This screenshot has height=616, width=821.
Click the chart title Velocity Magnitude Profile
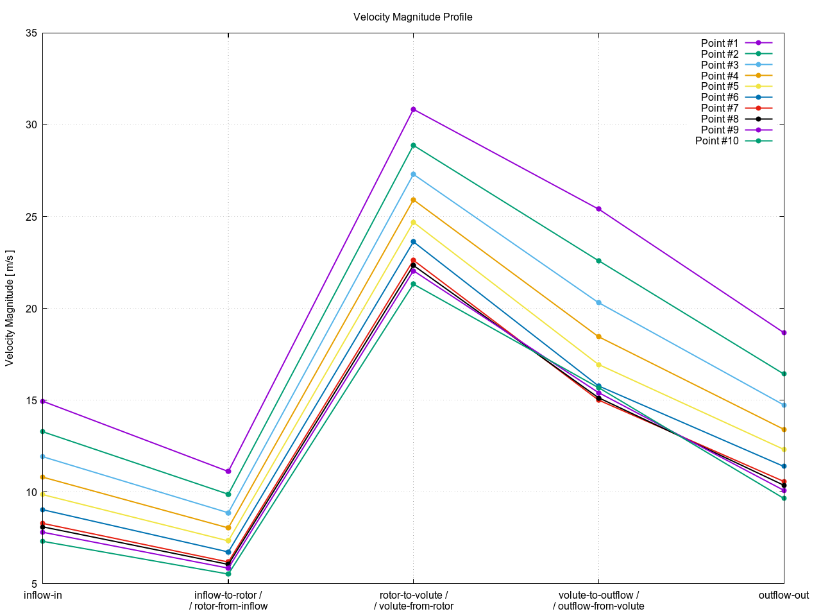[x=412, y=17]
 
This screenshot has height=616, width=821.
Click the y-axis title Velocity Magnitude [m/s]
[x=9, y=308]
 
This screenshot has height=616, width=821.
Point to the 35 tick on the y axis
[x=31, y=33]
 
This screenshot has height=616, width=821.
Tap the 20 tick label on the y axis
[x=31, y=309]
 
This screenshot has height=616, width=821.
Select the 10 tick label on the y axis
[x=31, y=492]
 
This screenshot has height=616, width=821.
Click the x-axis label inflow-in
[x=43, y=595]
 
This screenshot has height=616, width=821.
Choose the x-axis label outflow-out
[x=784, y=595]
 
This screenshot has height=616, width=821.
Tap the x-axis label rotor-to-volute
[x=413, y=595]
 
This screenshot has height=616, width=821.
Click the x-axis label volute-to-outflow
[x=598, y=595]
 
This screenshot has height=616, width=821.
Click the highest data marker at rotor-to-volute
[x=413, y=110]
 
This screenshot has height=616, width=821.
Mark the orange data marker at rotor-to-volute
[x=413, y=200]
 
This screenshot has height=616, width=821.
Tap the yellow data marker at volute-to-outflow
[x=598, y=364]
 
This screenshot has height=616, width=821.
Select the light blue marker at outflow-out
[x=784, y=405]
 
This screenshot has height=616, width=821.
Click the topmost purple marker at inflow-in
[x=43, y=401]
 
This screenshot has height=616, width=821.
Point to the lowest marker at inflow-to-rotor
[x=228, y=574]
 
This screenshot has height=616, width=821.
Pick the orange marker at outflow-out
[x=784, y=429]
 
